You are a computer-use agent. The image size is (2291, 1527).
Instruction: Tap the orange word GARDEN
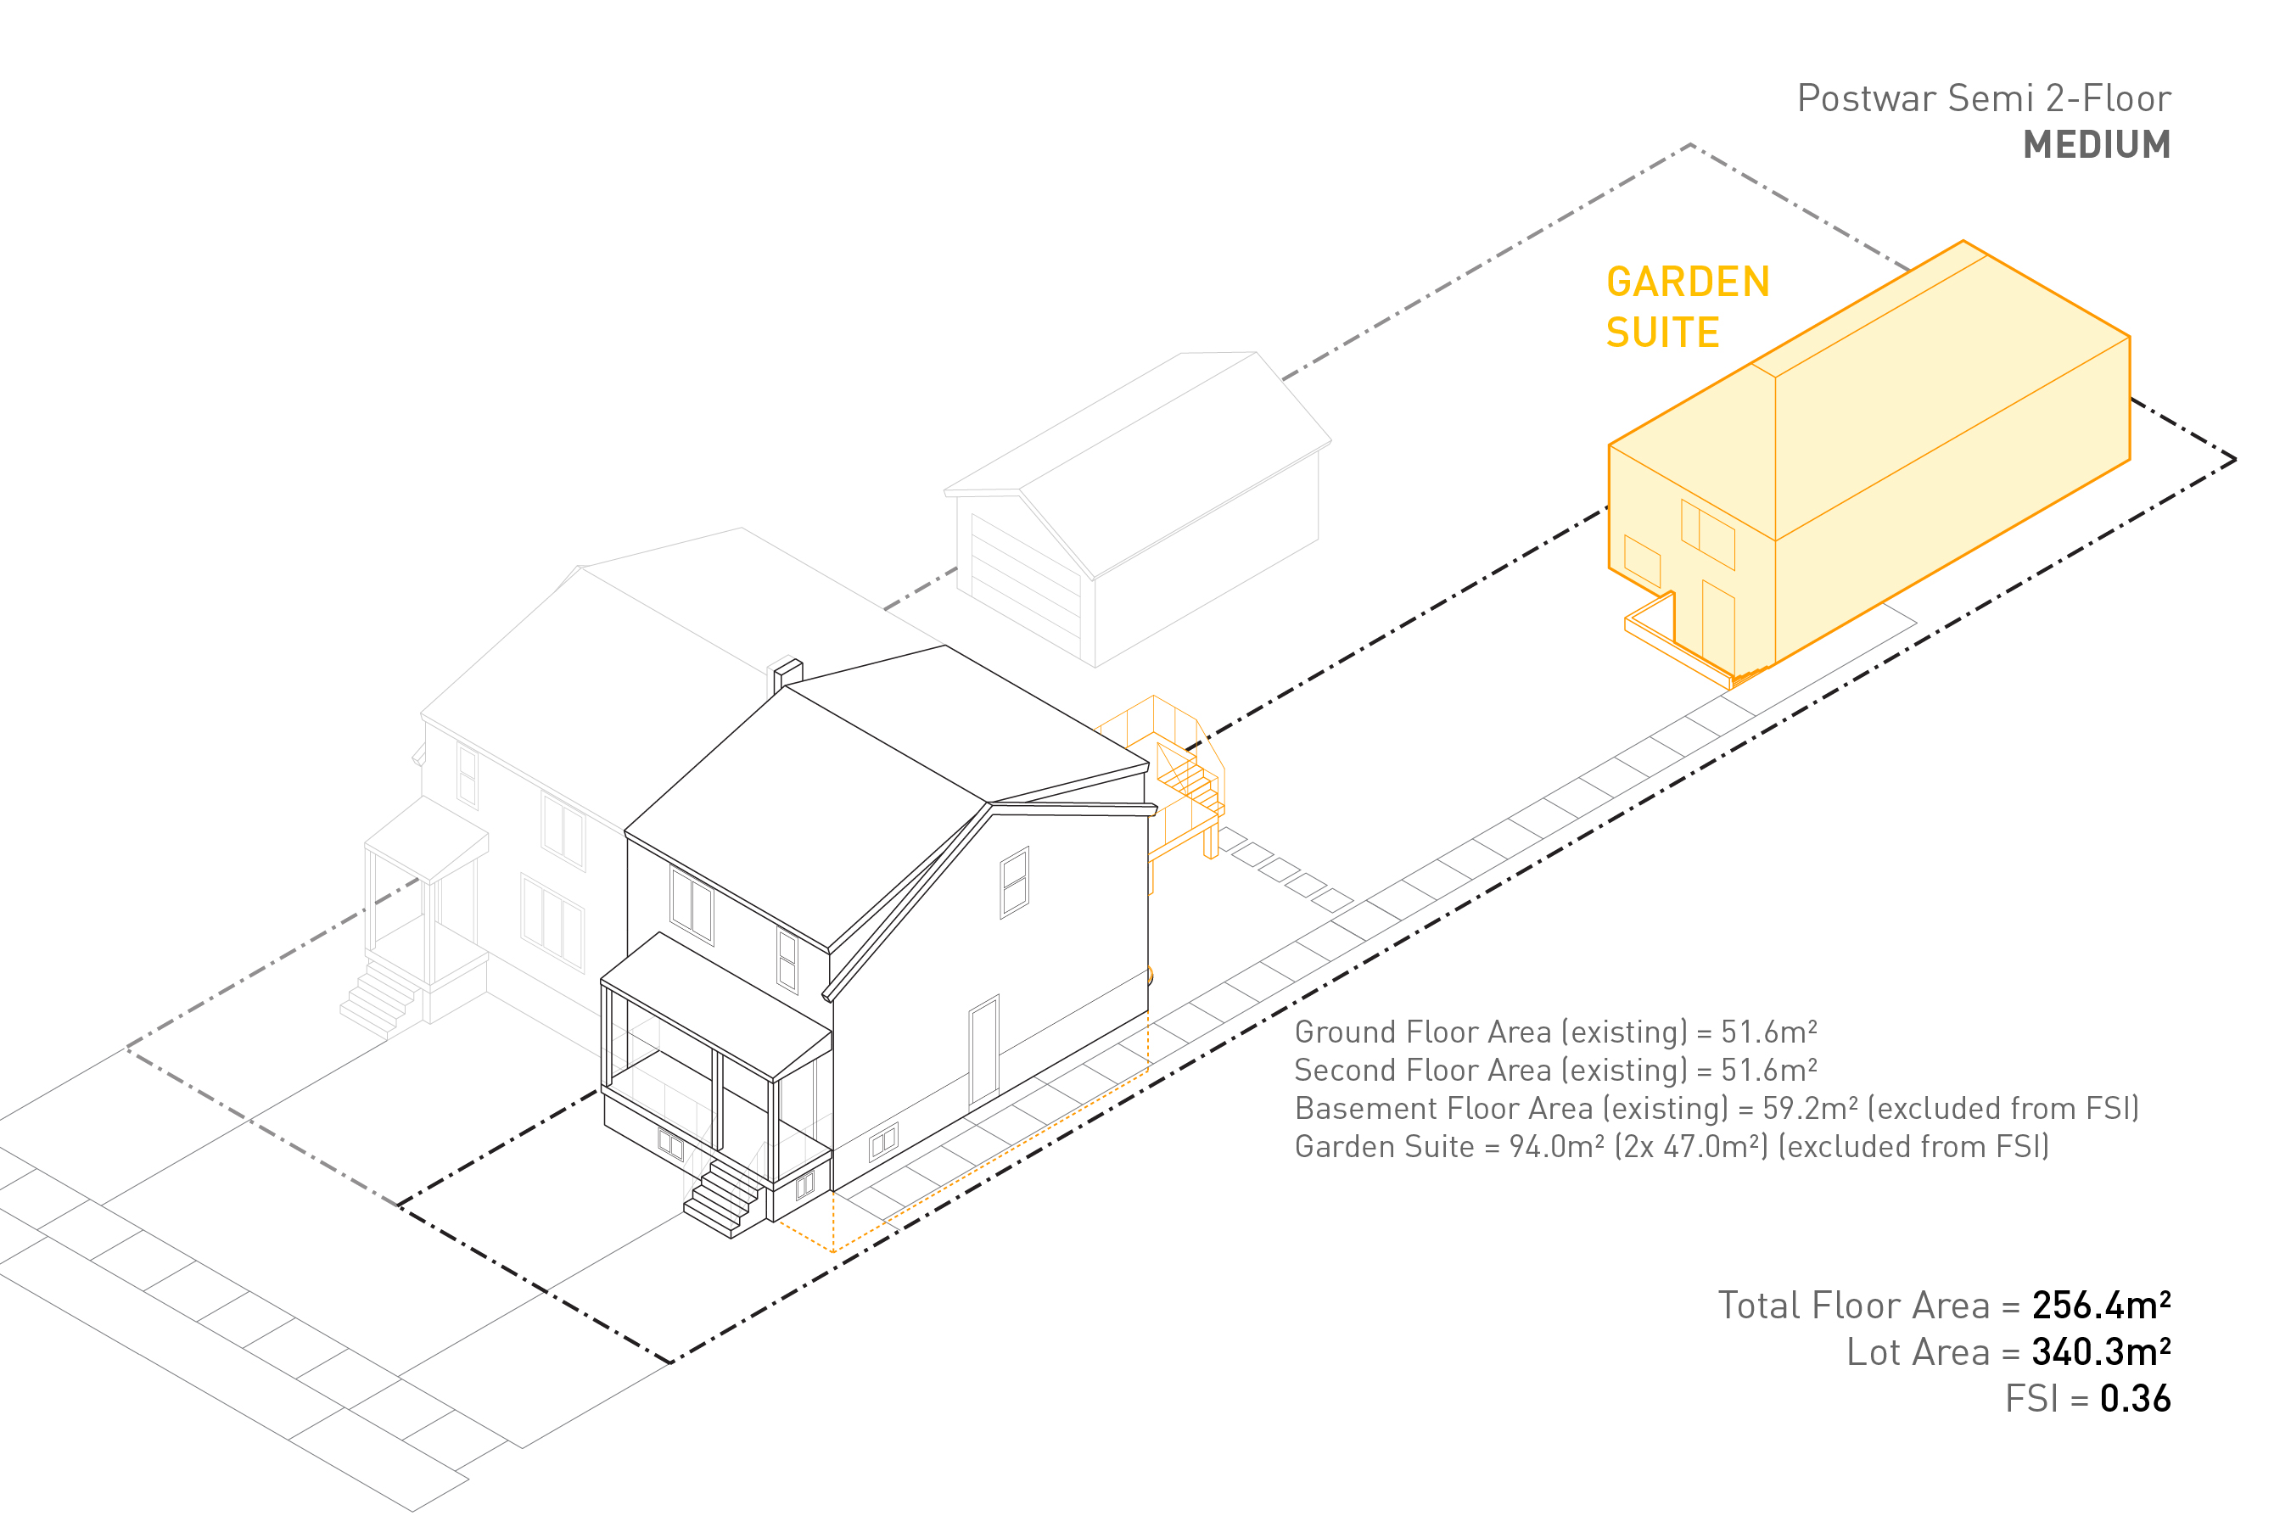tap(1687, 282)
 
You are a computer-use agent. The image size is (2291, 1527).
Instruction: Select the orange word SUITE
tap(1661, 333)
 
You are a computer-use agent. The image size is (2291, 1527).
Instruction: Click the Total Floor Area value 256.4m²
tap(2100, 1305)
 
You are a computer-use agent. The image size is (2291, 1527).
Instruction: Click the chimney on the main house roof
tap(787, 673)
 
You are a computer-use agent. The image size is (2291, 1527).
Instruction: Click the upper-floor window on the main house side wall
tap(1014, 882)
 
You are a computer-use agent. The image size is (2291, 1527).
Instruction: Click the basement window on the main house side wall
tap(882, 1141)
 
